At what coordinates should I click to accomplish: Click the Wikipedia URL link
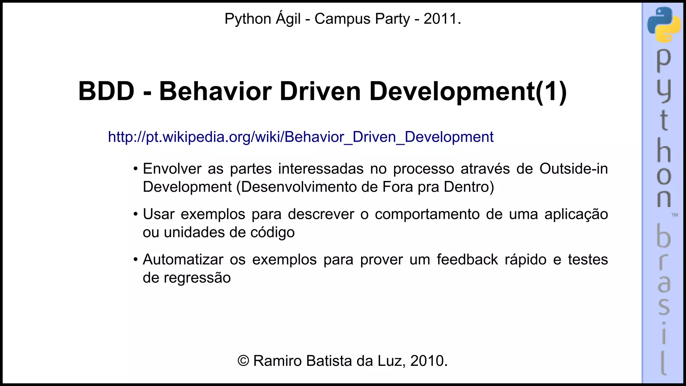pos(300,137)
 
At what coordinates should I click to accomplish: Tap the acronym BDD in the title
pos(106,91)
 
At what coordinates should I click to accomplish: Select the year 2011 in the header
pos(440,19)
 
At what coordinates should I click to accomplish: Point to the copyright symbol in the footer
pos(243,361)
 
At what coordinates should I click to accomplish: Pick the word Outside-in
pos(573,169)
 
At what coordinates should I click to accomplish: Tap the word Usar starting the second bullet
pos(158,214)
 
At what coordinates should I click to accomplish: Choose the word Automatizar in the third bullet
pos(183,260)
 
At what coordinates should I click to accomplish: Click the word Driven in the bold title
pos(320,91)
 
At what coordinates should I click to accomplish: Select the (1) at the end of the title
pos(551,91)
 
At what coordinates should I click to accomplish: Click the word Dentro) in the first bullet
pos(469,187)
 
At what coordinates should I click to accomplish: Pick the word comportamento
pos(427,214)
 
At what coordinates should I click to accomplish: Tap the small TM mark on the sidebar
pos(675,215)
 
